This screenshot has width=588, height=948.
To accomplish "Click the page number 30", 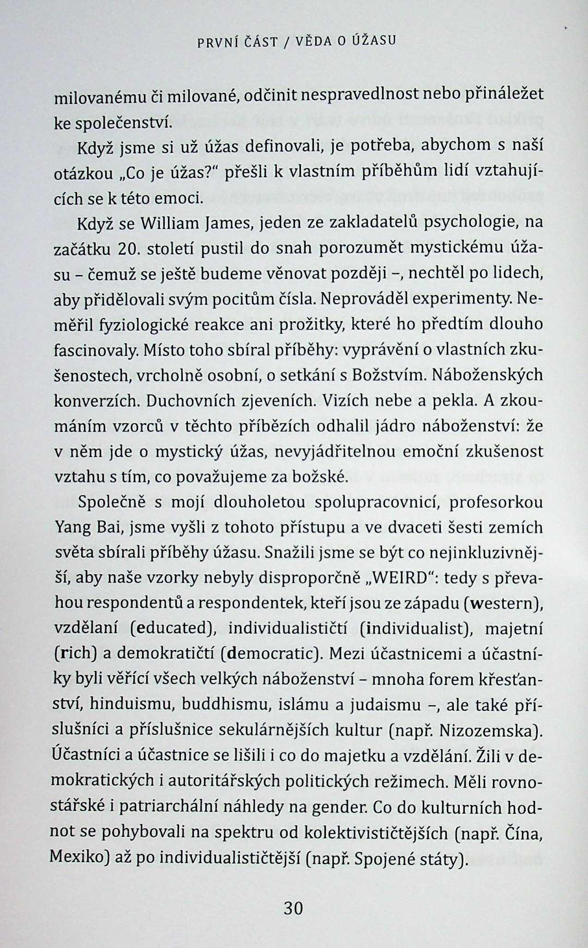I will tap(293, 908).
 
